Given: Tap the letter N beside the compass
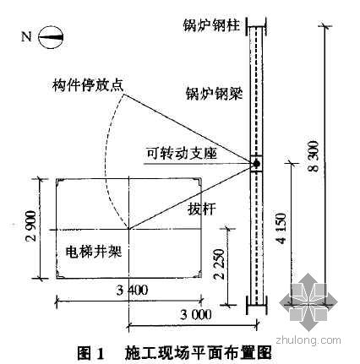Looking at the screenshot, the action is pyautogui.click(x=26, y=37).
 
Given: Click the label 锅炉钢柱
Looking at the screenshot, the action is pyautogui.click(x=211, y=25).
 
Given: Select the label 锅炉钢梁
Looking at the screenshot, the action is pyautogui.click(x=214, y=93).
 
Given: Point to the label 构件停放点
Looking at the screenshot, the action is pyautogui.click(x=88, y=84).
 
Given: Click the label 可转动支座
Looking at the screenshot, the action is pyautogui.click(x=182, y=154).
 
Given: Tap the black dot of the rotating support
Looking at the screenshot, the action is pyautogui.click(x=256, y=163).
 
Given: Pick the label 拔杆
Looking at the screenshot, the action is pyautogui.click(x=201, y=209).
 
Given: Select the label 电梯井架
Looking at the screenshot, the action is pyautogui.click(x=94, y=251).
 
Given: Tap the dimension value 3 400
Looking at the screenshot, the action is pyautogui.click(x=132, y=290).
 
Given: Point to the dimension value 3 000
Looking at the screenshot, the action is pyautogui.click(x=196, y=314).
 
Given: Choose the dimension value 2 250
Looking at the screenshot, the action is pyautogui.click(x=220, y=264).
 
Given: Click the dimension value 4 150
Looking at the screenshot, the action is pyautogui.click(x=281, y=228).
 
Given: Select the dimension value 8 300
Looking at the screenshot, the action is pyautogui.click(x=314, y=156).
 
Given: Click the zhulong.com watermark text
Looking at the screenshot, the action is pyautogui.click(x=308, y=340).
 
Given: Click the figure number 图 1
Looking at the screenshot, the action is pyautogui.click(x=90, y=353).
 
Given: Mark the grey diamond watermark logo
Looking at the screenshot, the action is pyautogui.click(x=308, y=302).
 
